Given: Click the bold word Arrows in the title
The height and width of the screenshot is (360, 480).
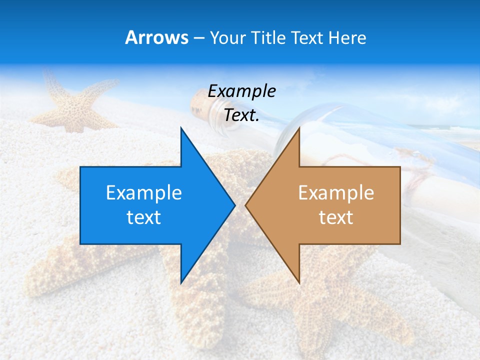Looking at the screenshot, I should pos(156,37).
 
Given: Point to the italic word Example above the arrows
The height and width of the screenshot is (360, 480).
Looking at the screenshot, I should pos(241,91).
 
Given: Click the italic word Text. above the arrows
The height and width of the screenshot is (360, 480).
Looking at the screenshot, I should pos(241,115).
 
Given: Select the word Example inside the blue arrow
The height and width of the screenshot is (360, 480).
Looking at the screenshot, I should pos(143,193).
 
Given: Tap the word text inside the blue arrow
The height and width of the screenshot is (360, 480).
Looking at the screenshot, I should pos(143,217).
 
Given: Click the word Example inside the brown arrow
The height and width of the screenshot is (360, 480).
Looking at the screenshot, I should pos(336,193).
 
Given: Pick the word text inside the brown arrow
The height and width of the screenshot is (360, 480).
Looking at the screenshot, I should pos(336,217).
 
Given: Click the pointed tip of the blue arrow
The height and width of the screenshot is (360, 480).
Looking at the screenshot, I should pos(234,205).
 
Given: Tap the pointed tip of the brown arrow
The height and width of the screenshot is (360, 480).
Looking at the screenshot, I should pos(246,205).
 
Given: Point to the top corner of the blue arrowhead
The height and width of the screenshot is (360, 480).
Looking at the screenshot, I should pos(181,129).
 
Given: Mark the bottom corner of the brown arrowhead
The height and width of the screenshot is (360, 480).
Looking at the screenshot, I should pos(299,282).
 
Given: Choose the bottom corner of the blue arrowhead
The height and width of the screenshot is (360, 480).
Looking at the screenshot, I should pos(181,282).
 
